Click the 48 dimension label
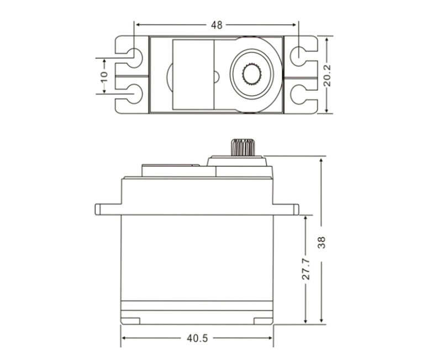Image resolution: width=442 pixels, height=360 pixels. pos(217,25)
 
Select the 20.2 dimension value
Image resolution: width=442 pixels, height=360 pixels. pos(327,75)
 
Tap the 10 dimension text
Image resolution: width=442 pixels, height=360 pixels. pos(104,75)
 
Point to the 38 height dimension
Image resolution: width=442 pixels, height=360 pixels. pos(322,241)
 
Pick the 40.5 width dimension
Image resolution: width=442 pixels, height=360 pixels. pos(197,338)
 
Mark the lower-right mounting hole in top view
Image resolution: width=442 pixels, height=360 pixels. pos(298,95)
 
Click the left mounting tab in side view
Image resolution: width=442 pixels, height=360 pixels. pos(108,209)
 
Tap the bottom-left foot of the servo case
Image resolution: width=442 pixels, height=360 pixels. pos(131,320)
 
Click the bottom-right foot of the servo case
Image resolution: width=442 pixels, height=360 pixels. pos(263,320)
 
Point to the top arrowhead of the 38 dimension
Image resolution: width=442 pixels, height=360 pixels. pos(322,159)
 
